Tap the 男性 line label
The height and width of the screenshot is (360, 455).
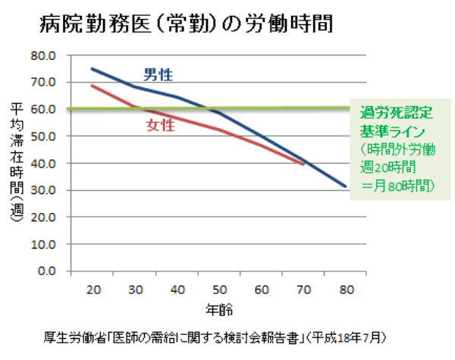pos(158,74)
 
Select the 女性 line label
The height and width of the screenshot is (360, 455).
pos(160,125)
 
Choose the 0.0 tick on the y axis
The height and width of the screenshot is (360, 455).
pos(46,271)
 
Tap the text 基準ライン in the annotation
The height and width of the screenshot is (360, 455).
pos(392,131)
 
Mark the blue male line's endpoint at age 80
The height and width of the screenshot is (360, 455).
pos(346,186)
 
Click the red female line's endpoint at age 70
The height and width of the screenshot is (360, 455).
pos(303,164)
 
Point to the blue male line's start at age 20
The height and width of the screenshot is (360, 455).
pos(91,69)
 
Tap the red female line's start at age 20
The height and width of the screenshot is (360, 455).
pos(91,86)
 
